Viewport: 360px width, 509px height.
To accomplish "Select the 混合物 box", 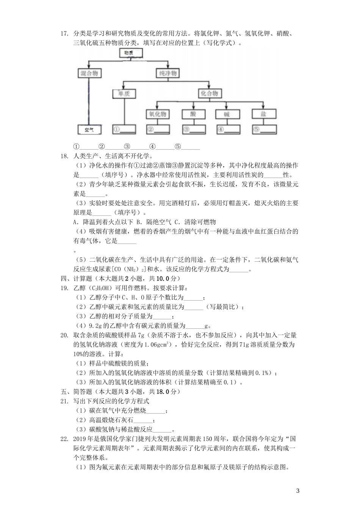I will (x=89, y=73).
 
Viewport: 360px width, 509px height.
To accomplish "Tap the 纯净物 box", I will (x=167, y=73).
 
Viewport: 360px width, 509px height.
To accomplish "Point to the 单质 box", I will (x=124, y=93).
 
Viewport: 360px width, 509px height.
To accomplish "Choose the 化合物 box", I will (x=209, y=93).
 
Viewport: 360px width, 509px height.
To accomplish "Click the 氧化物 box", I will (x=158, y=114).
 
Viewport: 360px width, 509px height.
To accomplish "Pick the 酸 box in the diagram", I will (x=193, y=114).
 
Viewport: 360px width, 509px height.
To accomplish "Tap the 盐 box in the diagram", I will (x=263, y=114).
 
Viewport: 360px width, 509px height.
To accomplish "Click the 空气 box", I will (x=89, y=130).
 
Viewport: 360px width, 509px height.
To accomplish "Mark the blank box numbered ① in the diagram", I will (x=124, y=130).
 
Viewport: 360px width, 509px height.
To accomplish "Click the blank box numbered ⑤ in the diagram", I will (x=263, y=130).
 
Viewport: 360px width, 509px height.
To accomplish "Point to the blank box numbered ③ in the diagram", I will (x=193, y=130).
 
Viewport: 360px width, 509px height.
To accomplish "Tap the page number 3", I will (x=297, y=491).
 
